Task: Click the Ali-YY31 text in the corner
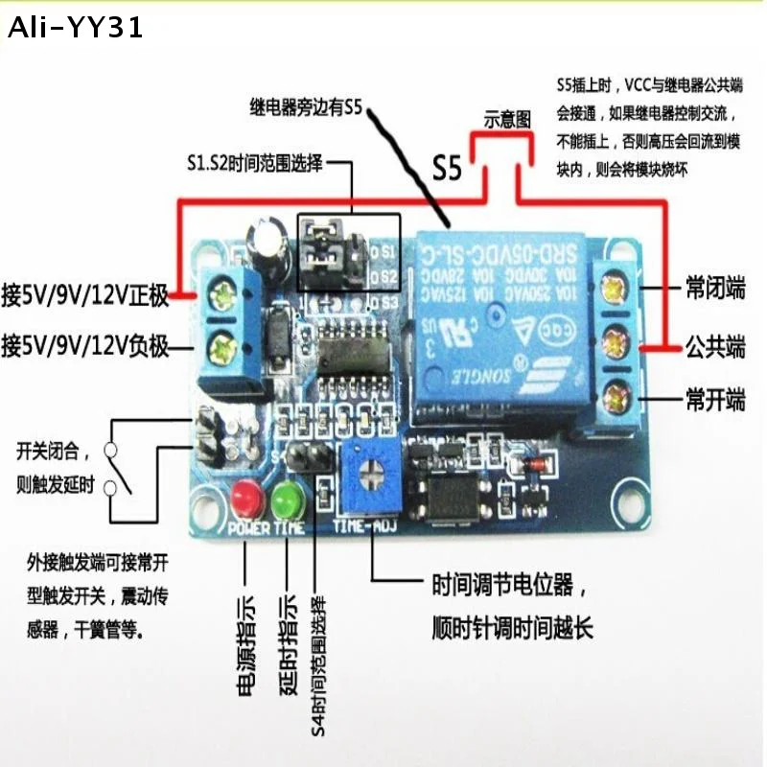click(75, 29)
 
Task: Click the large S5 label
click(447, 169)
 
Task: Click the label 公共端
click(714, 346)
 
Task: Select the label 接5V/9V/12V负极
click(85, 342)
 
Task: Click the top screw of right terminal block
click(614, 286)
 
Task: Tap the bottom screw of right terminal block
click(614, 392)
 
